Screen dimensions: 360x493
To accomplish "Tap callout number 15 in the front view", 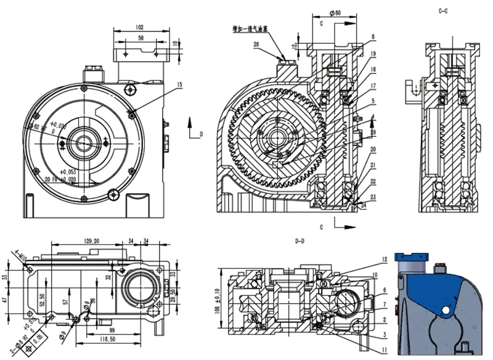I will (x=179, y=84).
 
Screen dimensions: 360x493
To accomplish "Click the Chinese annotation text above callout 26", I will (x=253, y=28).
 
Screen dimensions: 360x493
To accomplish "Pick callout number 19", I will (x=373, y=54).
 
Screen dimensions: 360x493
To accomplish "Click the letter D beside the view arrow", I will (x=201, y=133).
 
